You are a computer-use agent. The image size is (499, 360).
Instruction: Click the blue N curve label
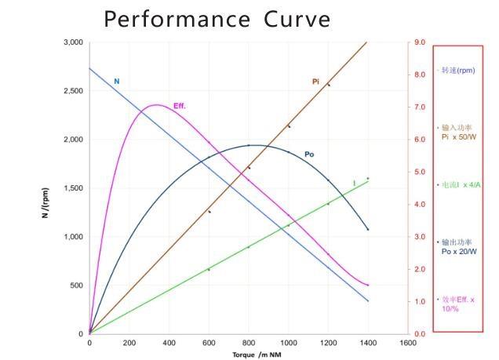pyautogui.click(x=117, y=82)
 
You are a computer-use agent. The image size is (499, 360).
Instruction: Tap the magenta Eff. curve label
pyautogui.click(x=180, y=106)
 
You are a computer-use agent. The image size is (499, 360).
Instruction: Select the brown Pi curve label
pyautogui.click(x=315, y=82)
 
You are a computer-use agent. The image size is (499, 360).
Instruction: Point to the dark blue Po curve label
pyautogui.click(x=309, y=155)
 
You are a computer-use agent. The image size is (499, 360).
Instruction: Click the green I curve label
pyautogui.click(x=354, y=184)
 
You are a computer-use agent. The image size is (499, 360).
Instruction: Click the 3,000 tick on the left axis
pyautogui.click(x=72, y=42)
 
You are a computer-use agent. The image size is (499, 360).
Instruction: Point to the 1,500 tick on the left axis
pyautogui.click(x=72, y=188)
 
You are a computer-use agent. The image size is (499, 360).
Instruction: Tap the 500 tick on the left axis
pyautogui.click(x=76, y=285)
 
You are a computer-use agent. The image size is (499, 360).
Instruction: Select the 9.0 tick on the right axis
pyautogui.click(x=420, y=42)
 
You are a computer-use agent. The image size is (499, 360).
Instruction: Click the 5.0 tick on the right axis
pyautogui.click(x=420, y=172)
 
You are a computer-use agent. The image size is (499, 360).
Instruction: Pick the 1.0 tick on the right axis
pyautogui.click(x=420, y=301)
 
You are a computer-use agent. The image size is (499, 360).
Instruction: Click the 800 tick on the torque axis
pyautogui.click(x=248, y=344)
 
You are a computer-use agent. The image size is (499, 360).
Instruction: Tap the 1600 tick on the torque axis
pyautogui.click(x=408, y=344)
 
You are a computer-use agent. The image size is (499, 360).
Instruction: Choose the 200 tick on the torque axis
pyautogui.click(x=129, y=344)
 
